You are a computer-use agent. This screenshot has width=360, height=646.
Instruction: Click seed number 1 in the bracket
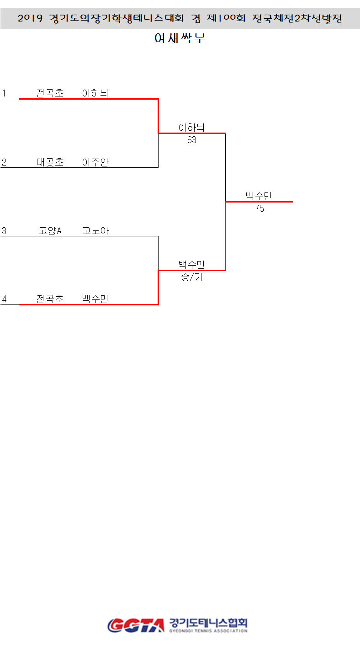click(x=4, y=93)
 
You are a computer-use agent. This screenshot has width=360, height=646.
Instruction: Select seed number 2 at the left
click(x=4, y=162)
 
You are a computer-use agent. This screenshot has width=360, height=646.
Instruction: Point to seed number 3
click(x=4, y=231)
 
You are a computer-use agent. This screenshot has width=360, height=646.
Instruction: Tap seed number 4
click(x=4, y=299)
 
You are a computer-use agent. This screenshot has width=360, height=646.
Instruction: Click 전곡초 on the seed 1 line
click(x=50, y=93)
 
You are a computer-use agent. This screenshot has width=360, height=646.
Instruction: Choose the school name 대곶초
click(x=50, y=162)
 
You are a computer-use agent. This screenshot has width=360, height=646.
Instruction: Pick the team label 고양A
click(x=50, y=231)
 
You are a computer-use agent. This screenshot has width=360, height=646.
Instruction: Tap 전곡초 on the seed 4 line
click(x=50, y=299)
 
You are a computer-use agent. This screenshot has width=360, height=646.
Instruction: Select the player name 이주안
click(x=95, y=162)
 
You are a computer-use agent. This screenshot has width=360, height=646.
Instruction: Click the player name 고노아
click(x=95, y=231)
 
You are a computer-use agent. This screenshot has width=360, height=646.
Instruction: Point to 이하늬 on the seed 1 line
click(x=95, y=93)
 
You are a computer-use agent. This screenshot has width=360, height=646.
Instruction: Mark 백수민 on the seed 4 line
click(x=95, y=299)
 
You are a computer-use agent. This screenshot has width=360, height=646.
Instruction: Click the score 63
click(x=191, y=140)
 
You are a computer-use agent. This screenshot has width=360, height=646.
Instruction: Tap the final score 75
click(x=259, y=208)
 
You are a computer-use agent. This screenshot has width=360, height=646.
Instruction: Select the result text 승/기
click(x=191, y=277)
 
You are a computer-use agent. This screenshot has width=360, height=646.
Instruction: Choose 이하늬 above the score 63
click(x=191, y=128)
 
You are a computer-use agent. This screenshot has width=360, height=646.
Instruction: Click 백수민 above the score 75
click(x=259, y=196)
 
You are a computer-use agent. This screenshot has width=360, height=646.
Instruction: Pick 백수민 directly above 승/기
click(x=191, y=264)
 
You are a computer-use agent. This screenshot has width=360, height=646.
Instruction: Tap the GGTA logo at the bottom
click(x=136, y=625)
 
